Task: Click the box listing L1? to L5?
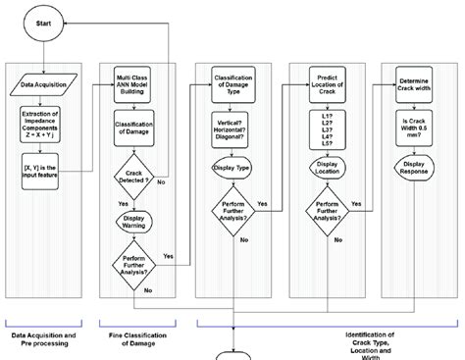click(325, 129)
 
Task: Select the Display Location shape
click(325, 169)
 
